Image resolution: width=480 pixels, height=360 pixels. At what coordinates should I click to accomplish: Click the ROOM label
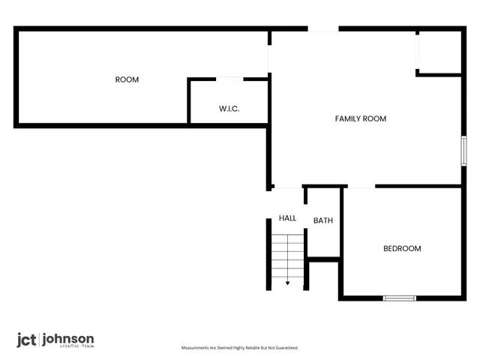point(127,79)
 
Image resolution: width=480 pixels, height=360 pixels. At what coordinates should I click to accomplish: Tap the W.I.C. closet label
point(229,109)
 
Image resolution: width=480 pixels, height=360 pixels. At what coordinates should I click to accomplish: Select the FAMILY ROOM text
point(360,118)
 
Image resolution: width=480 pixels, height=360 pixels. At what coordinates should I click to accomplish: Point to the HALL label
point(287,218)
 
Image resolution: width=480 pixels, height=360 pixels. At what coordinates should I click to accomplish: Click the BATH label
point(322,220)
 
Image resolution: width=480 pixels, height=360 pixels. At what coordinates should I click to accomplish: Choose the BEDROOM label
point(402,249)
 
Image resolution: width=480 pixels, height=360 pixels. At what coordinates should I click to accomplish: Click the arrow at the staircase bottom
point(287,282)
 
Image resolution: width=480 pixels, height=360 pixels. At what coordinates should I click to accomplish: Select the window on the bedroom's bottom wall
point(399,298)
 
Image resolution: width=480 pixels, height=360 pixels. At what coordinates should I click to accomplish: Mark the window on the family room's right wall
point(463,151)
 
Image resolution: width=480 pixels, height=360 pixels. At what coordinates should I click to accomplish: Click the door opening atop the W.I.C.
point(229,78)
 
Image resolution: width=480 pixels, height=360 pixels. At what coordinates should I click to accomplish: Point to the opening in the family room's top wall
point(323,29)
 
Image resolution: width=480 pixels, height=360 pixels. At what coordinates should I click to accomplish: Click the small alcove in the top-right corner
point(439,52)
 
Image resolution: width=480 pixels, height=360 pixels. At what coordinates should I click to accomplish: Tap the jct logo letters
point(26,340)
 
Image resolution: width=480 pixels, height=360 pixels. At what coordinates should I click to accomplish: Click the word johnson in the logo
point(67,338)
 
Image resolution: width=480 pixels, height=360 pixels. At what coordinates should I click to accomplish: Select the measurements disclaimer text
point(240,348)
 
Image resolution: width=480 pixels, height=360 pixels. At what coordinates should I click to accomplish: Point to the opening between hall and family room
point(288,187)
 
